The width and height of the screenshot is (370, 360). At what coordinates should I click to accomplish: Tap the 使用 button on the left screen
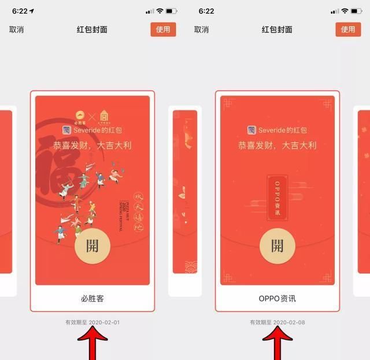pyautogui.click(x=163, y=29)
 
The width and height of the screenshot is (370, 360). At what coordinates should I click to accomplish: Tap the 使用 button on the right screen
pyautogui.click(x=347, y=29)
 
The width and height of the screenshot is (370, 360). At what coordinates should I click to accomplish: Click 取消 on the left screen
pyautogui.click(x=16, y=29)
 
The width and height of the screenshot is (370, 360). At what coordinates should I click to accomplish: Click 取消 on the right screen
pyautogui.click(x=201, y=29)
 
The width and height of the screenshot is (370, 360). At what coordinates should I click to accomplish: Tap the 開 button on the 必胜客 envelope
pyautogui.click(x=92, y=245)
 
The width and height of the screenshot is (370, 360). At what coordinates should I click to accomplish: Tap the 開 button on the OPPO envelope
pyautogui.click(x=277, y=245)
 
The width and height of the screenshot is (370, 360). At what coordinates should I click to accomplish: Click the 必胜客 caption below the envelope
pyautogui.click(x=92, y=299)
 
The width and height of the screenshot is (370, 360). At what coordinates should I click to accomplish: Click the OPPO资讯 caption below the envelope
pyautogui.click(x=277, y=299)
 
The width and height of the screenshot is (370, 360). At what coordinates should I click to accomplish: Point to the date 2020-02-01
pyautogui.click(x=104, y=322)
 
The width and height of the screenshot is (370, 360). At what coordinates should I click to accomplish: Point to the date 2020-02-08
pyautogui.click(x=289, y=322)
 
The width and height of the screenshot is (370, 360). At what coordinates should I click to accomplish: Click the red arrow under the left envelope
pyautogui.click(x=92, y=344)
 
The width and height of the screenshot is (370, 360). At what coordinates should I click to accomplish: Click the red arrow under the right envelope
pyautogui.click(x=277, y=344)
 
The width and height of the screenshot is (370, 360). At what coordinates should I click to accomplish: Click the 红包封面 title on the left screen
pyautogui.click(x=92, y=29)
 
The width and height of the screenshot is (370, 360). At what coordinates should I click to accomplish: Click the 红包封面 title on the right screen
pyautogui.click(x=277, y=29)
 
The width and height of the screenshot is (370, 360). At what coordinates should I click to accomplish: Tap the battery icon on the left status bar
pyautogui.click(x=172, y=11)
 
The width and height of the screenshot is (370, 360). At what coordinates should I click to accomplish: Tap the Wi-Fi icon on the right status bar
pyautogui.click(x=345, y=11)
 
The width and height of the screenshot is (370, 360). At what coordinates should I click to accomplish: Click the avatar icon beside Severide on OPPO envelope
pyautogui.click(x=252, y=131)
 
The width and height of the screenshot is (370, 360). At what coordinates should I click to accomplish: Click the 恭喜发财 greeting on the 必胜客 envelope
pyautogui.click(x=92, y=145)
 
